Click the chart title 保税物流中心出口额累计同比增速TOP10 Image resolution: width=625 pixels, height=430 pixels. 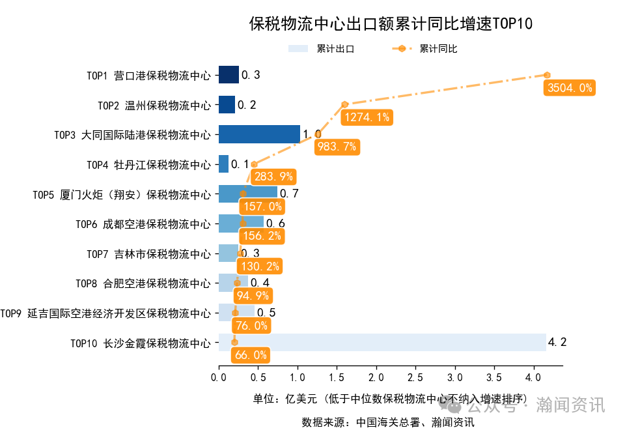click(391, 24)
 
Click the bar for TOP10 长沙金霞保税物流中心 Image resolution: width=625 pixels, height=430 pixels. click(382, 342)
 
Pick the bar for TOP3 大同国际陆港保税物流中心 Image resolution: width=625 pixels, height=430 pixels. click(259, 134)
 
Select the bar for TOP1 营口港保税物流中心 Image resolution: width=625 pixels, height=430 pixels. click(229, 75)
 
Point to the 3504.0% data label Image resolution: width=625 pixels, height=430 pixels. click(570, 88)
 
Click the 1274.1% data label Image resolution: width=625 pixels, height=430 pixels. click(368, 117)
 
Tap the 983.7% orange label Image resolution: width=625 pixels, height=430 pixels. click(336, 147)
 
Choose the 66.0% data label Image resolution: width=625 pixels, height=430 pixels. click(250, 355)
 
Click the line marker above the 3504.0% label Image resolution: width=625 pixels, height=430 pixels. click(548, 75)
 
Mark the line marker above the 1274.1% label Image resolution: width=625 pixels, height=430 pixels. click(345, 104)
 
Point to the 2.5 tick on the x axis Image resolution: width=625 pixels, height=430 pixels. click(415, 378)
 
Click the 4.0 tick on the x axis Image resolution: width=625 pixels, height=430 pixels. click(533, 378)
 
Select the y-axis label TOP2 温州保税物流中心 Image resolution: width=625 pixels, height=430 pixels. click(154, 105)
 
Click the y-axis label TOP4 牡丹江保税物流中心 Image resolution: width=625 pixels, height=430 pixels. click(148, 164)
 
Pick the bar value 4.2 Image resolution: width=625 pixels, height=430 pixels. click(557, 341)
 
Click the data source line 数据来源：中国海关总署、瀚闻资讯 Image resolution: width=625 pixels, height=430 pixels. click(388, 422)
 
